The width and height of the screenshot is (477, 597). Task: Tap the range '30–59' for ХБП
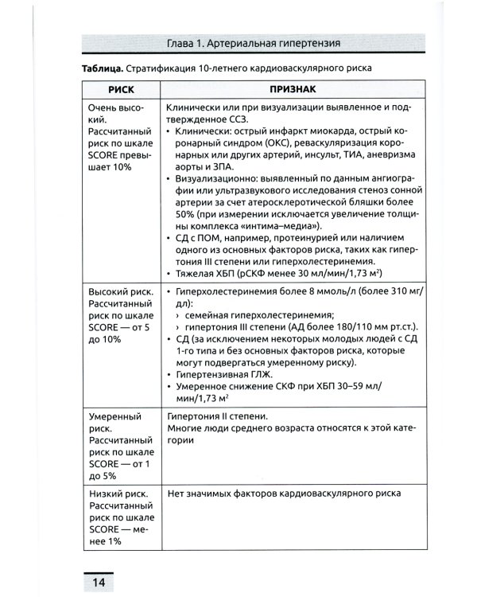(343, 386)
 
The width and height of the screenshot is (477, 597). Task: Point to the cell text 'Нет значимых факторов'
(224, 494)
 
